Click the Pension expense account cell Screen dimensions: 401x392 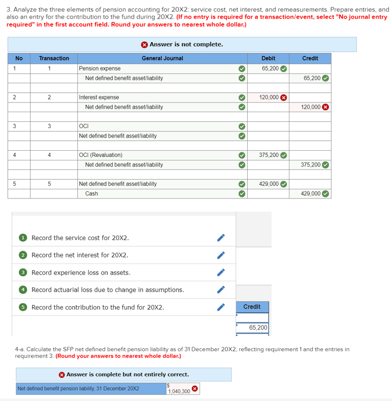100,69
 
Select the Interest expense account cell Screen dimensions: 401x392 99,97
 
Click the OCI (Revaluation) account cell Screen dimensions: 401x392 101,155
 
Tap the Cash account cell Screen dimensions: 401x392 91,193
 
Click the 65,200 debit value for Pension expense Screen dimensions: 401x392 270,69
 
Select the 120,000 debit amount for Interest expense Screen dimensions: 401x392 269,97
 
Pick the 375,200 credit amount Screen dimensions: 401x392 310,164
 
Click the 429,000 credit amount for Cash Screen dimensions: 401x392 310,193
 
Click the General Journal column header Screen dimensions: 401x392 162,58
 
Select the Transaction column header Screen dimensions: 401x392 54,58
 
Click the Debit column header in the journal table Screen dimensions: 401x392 268,58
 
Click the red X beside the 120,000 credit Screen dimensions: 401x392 325,107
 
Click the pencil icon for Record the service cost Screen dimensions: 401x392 220,238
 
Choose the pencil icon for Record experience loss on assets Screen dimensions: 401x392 220,273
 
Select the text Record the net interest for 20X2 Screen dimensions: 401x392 80,255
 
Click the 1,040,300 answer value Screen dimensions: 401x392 178,391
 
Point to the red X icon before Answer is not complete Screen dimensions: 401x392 144,45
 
